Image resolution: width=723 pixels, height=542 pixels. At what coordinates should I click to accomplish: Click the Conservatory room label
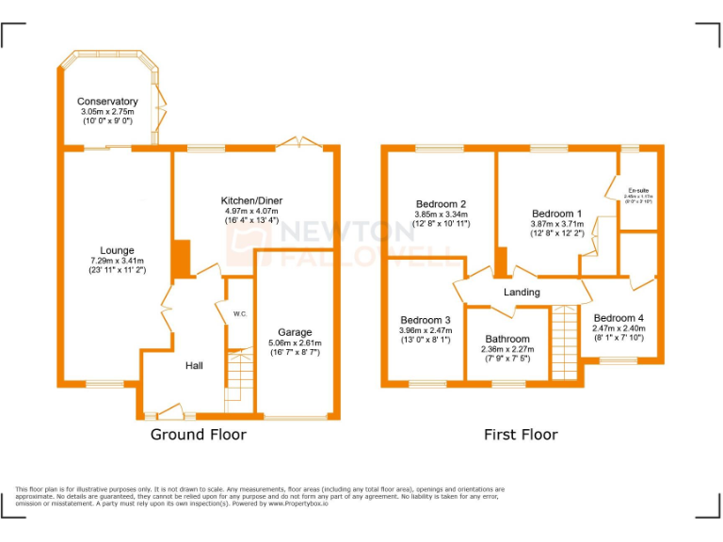tap(107, 102)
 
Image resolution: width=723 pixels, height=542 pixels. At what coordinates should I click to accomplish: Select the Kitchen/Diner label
tap(251, 200)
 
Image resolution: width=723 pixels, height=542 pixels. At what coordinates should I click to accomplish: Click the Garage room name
tap(294, 332)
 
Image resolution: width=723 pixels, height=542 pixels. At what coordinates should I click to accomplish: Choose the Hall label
tap(195, 365)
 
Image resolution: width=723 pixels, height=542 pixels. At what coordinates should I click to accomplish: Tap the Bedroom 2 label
tap(442, 204)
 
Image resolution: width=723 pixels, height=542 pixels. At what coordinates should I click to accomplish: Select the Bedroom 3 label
tap(426, 320)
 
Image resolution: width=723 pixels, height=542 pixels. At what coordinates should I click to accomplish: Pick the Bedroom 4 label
tap(619, 318)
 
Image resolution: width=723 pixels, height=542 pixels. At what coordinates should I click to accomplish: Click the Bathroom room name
tap(507, 339)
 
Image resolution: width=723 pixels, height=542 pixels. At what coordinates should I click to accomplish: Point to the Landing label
tap(522, 292)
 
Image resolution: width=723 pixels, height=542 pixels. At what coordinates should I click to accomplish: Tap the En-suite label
tap(639, 190)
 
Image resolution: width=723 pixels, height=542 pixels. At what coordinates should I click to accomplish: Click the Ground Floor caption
tap(199, 435)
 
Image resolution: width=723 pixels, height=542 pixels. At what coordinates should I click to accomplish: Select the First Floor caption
tap(521, 435)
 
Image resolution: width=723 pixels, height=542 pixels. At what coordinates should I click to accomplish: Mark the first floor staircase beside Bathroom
tap(563, 343)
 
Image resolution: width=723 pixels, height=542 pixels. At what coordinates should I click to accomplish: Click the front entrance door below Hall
tap(170, 410)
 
